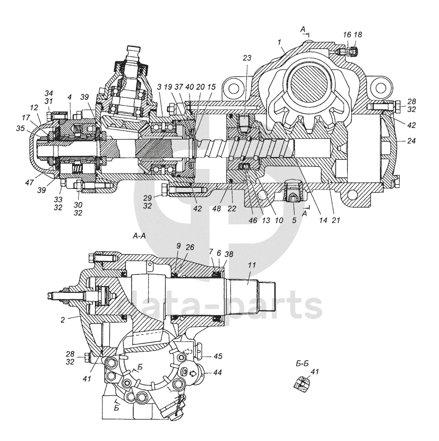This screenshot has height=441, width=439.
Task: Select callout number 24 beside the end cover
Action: point(412,142)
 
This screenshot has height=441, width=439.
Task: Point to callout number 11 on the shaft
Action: point(250,266)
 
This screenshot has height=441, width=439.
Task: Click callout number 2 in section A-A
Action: point(63,319)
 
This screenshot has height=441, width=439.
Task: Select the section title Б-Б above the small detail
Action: point(302,364)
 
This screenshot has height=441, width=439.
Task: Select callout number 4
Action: point(70,98)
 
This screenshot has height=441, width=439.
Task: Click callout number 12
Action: point(34,108)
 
